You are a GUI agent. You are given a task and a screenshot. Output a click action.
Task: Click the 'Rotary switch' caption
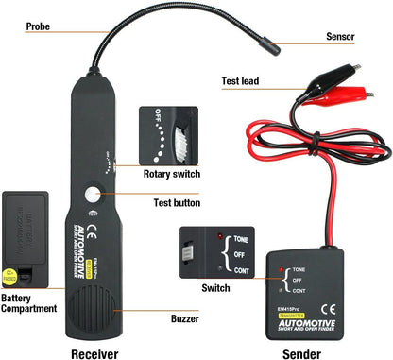(172, 173)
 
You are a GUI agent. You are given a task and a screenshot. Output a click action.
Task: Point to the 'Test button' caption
(175, 202)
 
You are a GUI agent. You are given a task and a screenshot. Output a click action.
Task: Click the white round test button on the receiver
(93, 196)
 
